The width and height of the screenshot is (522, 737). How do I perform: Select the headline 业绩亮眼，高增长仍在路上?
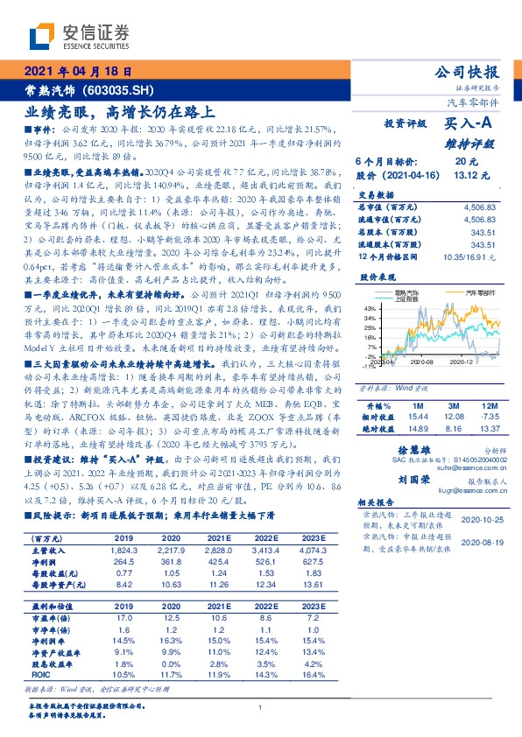(119, 111)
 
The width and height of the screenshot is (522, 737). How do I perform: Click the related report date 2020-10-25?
(480, 516)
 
